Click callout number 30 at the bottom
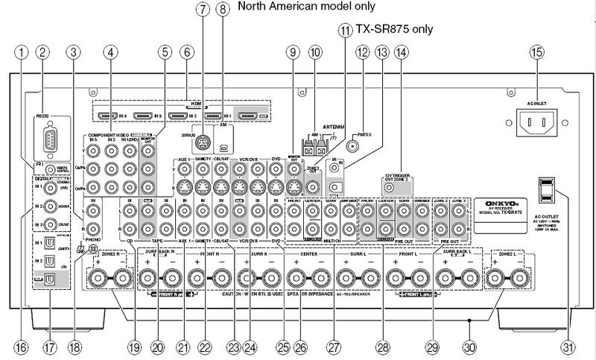point(469,347)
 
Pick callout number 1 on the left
point(24,52)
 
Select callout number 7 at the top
point(201,11)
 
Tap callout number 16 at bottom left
point(24,347)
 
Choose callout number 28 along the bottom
point(382,347)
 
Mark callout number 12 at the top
point(363,52)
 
